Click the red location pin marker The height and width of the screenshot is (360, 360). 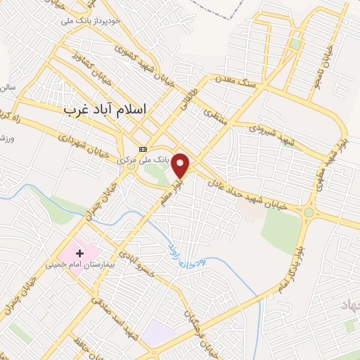182,165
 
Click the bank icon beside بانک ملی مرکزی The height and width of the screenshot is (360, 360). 143,149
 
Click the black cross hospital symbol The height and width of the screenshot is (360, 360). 79,252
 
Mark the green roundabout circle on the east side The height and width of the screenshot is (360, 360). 309,212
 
